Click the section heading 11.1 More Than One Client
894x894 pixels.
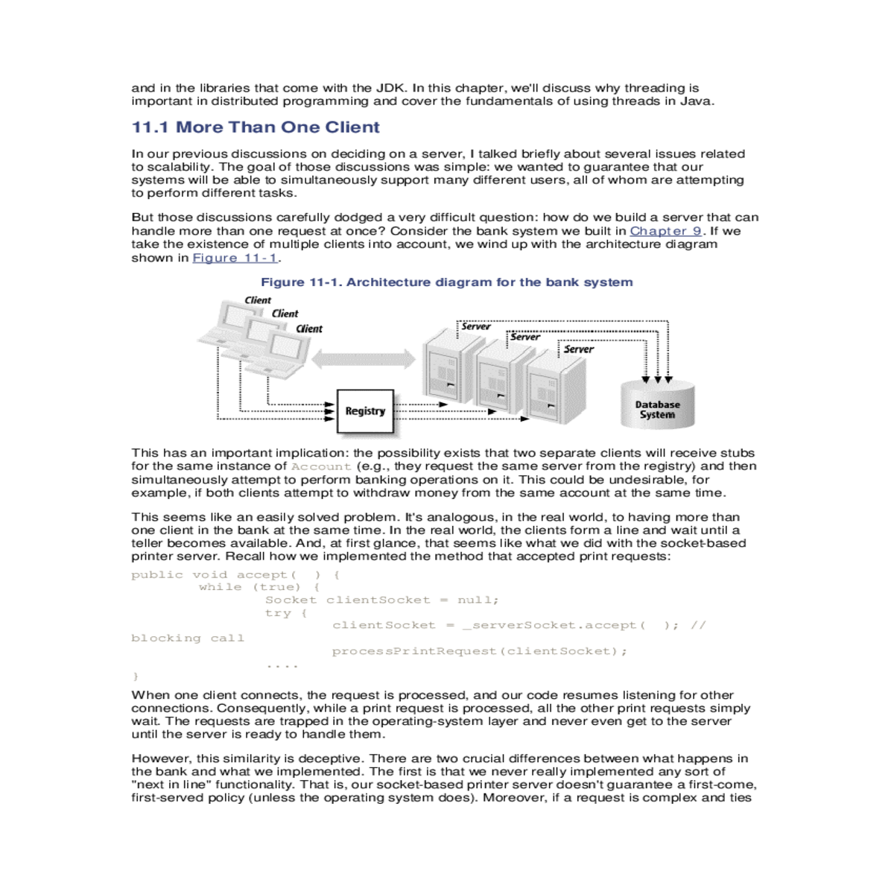click(x=256, y=127)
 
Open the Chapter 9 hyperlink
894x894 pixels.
click(x=665, y=231)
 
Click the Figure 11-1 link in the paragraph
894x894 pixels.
click(x=235, y=258)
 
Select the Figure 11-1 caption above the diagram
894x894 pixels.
click(x=446, y=282)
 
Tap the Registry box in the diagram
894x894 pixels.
click(x=364, y=411)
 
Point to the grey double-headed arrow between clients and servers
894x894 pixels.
click(x=363, y=360)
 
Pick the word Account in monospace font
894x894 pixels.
click(x=320, y=466)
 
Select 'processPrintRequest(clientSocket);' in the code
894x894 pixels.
click(x=479, y=651)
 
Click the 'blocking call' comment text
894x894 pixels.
click(x=187, y=638)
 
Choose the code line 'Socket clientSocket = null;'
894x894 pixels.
click(x=381, y=600)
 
